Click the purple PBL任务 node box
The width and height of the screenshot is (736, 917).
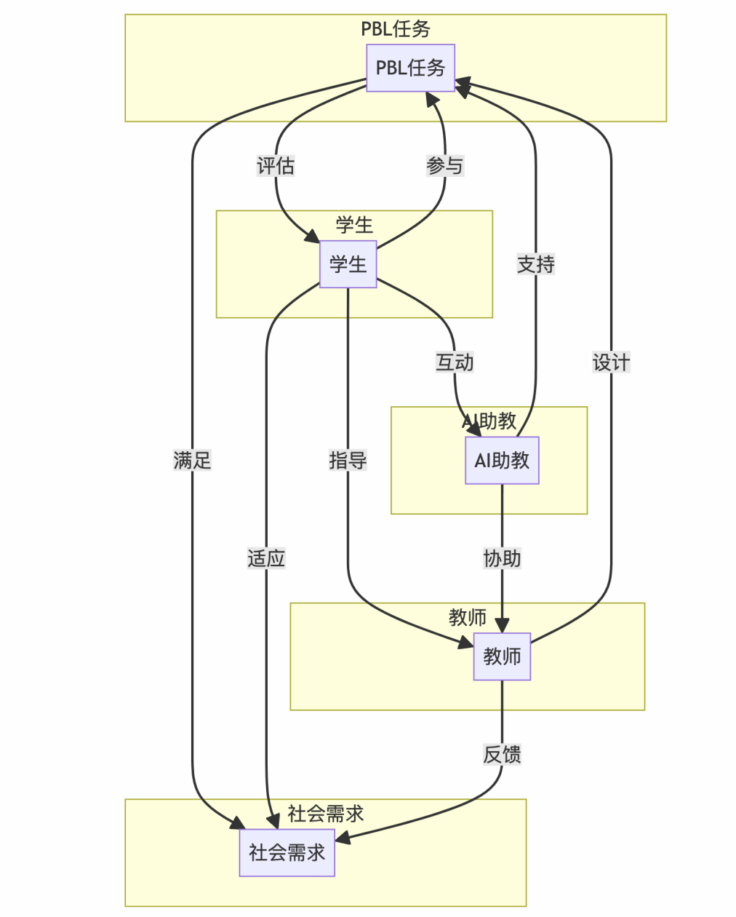(410, 68)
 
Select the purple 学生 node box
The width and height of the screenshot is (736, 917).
(348, 264)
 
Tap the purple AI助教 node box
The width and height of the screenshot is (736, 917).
(502, 460)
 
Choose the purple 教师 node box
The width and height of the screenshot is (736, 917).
(502, 656)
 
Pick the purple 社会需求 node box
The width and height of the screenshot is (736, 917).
(287, 852)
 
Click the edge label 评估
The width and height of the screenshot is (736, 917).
(276, 166)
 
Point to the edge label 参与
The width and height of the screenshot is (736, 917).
(444, 166)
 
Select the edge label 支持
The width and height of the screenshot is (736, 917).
(536, 264)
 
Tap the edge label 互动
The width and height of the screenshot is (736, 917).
(455, 362)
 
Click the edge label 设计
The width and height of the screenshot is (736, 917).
(611, 362)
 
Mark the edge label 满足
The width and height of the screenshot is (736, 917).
(192, 460)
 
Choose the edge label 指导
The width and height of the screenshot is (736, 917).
(348, 460)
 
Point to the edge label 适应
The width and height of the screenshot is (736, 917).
(266, 558)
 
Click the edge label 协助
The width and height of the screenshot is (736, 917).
(502, 558)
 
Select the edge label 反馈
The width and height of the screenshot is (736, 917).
(502, 755)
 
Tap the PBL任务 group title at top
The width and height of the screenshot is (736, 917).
(396, 29)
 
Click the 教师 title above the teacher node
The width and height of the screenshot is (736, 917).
(467, 617)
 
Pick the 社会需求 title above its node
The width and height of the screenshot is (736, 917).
(325, 814)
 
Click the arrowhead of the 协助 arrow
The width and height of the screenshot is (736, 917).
(502, 626)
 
